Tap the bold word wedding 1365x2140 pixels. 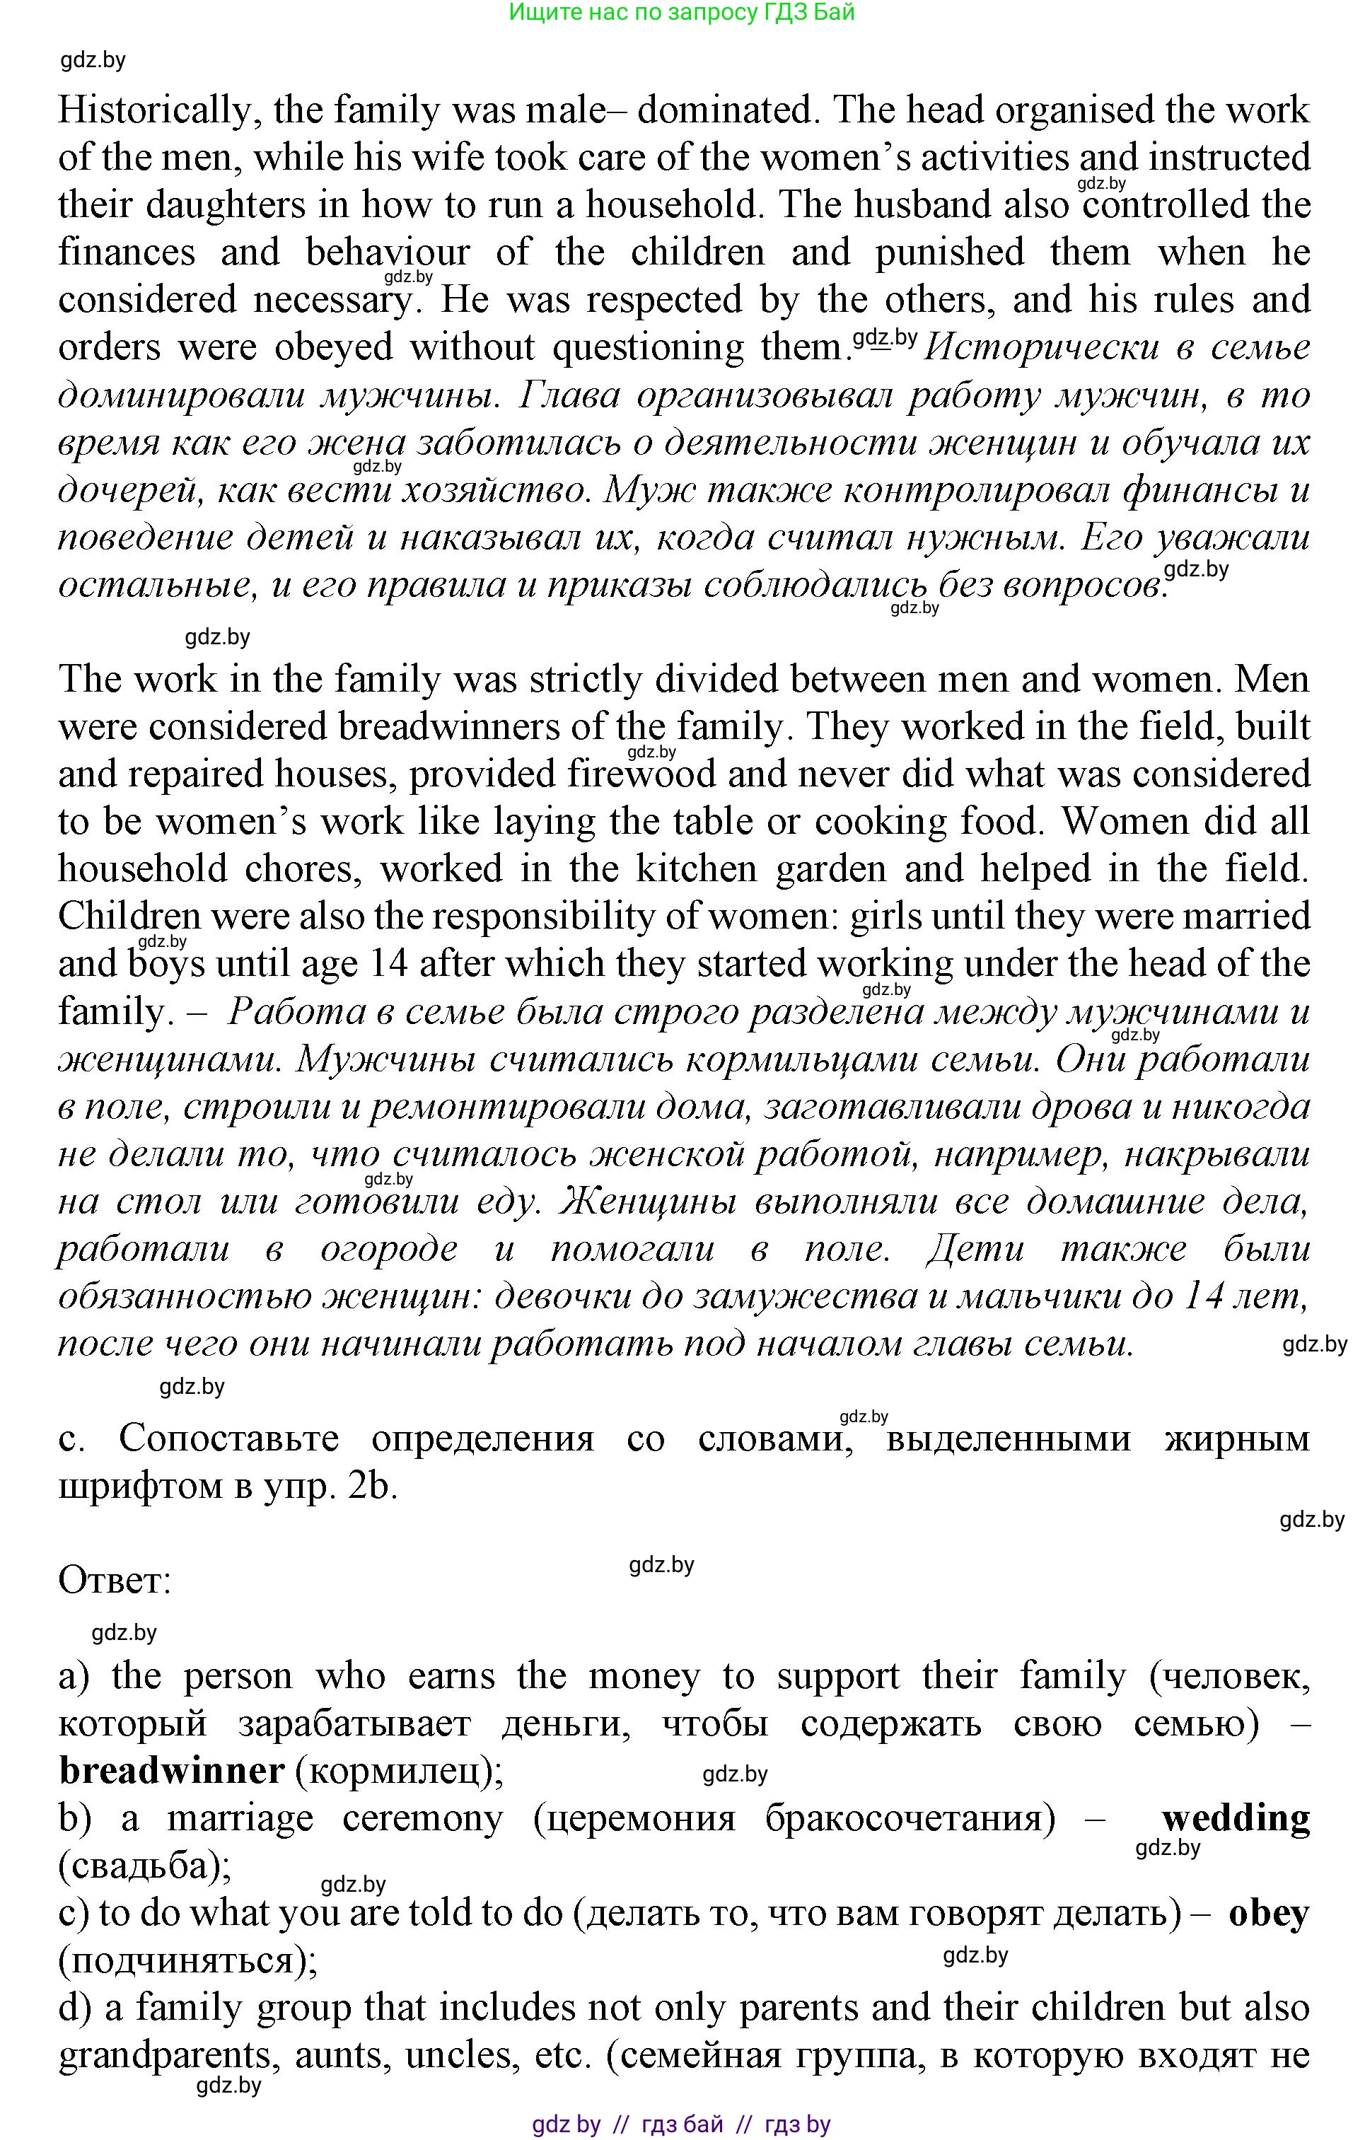1236,1818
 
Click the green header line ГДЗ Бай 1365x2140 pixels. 682,13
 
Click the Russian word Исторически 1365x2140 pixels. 1040,347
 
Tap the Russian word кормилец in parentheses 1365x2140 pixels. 395,1771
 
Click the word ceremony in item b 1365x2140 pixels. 422,1818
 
